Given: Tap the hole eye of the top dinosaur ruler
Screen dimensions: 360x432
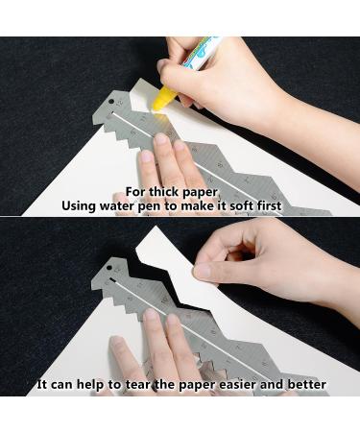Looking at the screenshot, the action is click(x=111, y=102).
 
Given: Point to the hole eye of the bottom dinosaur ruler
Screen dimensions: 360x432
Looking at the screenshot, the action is click(x=108, y=267).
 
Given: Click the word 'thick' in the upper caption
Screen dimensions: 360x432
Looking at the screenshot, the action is click(x=163, y=192).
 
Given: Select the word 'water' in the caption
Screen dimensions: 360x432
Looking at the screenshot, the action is click(x=116, y=205).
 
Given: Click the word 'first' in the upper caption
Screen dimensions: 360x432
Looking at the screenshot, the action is click(x=270, y=205).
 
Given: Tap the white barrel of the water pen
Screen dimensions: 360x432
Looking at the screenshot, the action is click(x=201, y=54).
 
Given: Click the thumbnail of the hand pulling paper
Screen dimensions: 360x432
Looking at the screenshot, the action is click(x=203, y=271).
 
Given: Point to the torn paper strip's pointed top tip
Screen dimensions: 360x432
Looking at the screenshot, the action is click(x=156, y=227).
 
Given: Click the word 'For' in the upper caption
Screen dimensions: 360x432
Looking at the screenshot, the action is click(x=135, y=192).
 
